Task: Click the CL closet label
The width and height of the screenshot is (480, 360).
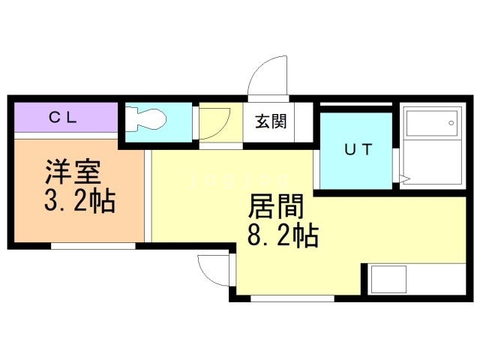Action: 65,117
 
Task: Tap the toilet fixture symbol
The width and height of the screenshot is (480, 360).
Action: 150,120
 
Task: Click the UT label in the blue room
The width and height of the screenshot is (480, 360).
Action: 357,149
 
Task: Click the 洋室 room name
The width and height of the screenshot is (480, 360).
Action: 72,174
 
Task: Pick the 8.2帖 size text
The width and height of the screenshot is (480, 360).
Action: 283,236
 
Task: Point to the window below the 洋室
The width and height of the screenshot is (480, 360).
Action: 93,245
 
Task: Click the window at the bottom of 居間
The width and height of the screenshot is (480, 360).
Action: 292,298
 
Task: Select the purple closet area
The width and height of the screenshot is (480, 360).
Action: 65,118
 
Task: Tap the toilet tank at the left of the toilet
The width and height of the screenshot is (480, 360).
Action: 130,120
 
